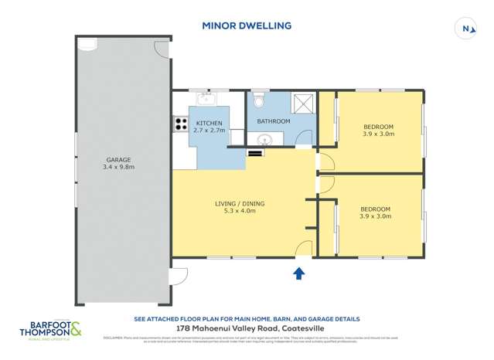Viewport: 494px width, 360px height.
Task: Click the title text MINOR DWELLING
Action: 247,25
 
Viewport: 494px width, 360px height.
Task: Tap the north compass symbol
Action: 465,29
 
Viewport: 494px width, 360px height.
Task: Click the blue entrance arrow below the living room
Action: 299,273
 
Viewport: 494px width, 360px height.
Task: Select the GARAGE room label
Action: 118,158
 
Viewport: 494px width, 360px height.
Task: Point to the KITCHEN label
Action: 209,124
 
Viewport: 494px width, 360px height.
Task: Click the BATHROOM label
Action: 273,121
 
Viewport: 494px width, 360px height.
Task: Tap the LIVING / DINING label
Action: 239,204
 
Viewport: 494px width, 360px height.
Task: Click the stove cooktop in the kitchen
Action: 181,124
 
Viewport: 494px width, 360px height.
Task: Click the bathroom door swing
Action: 304,138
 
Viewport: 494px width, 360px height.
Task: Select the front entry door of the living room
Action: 304,248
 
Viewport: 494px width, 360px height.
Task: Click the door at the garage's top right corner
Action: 162,48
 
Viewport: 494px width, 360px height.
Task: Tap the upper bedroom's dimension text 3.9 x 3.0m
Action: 378,134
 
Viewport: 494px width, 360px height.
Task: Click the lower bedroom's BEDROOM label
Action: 375,209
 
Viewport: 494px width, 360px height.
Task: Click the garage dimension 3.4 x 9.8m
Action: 118,167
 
